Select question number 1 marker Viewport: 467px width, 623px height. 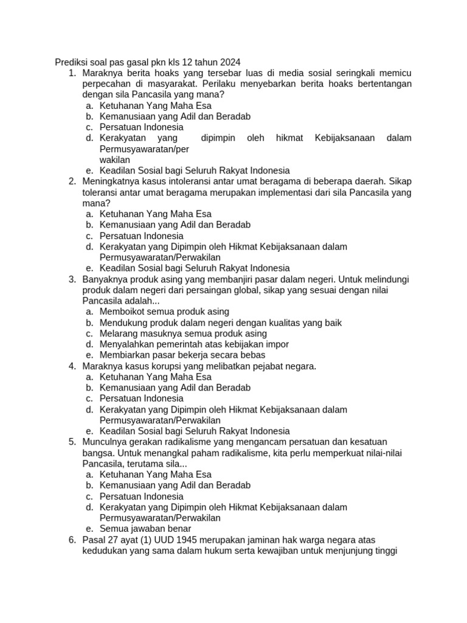72,73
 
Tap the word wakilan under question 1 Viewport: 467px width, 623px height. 115,159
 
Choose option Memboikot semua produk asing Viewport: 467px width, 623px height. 164,311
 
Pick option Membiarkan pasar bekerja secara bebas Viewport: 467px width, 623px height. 182,355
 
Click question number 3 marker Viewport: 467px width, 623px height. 72,279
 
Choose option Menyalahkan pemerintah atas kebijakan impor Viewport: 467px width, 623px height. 194,344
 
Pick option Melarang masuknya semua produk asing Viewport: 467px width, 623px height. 183,333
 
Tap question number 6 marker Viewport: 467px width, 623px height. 72,540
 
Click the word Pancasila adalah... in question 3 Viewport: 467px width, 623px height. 121,301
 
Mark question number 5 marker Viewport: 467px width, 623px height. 72,442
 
